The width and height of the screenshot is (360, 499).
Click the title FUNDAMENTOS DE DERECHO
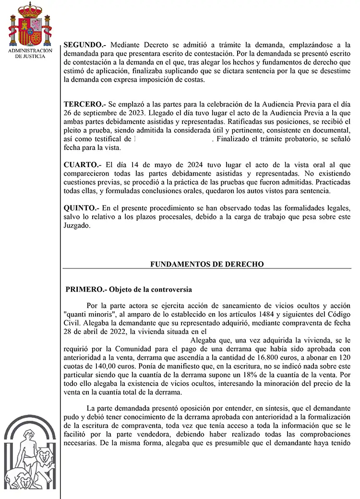[207, 264]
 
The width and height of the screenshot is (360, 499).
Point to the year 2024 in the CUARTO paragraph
[169, 165]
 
